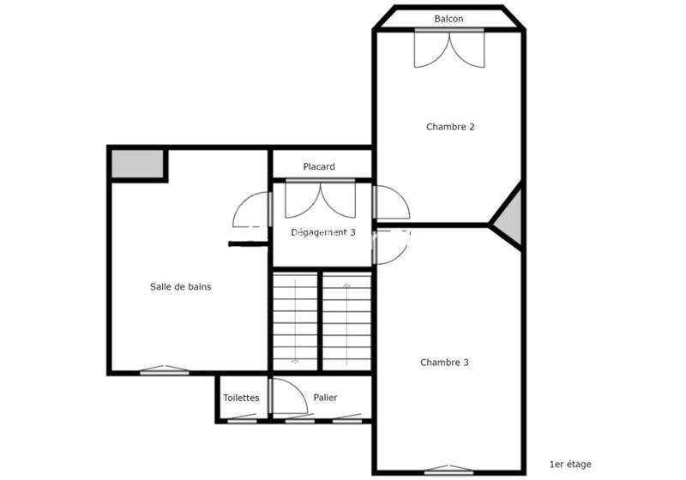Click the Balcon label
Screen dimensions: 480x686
coord(448,19)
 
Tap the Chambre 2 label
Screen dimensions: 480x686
coord(450,127)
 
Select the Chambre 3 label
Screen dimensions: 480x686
coord(444,363)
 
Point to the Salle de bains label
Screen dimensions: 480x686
coord(180,287)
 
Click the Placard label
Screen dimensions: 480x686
coord(319,167)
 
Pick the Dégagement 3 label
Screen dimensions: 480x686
coord(323,232)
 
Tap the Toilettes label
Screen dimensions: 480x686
coord(241,398)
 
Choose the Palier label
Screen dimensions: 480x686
coord(325,398)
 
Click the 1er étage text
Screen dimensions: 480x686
coord(570,465)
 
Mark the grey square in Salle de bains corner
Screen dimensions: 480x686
coord(138,164)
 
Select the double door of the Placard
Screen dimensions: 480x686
coord(320,199)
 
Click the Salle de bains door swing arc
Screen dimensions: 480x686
coord(251,208)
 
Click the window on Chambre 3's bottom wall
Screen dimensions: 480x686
coord(448,470)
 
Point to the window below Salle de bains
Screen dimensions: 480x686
coord(165,371)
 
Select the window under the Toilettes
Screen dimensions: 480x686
coord(241,420)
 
